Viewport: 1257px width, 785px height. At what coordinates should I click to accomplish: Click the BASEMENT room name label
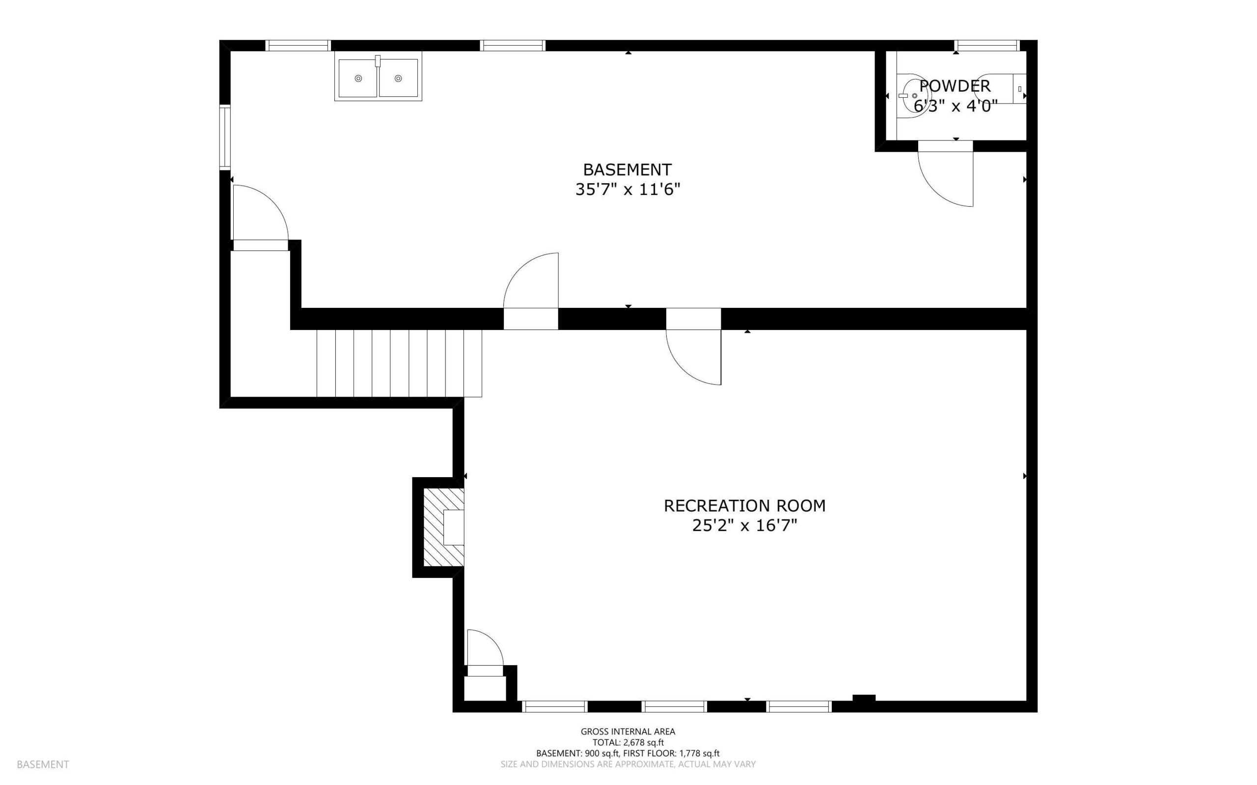[x=627, y=170]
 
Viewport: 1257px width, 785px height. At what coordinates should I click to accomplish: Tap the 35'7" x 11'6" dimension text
[x=627, y=189]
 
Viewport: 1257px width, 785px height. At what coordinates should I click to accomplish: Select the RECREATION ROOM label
[x=744, y=506]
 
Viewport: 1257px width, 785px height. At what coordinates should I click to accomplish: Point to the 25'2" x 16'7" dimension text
[x=744, y=526]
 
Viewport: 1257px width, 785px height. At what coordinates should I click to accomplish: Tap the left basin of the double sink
[x=357, y=79]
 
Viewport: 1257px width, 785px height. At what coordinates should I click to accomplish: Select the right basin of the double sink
[x=398, y=79]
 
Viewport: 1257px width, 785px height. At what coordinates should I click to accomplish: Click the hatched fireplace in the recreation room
[x=444, y=527]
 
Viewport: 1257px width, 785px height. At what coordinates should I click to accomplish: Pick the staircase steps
[x=399, y=363]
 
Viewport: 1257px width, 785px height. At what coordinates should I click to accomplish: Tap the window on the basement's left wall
[x=225, y=137]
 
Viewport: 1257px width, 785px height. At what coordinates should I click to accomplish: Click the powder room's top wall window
[x=987, y=46]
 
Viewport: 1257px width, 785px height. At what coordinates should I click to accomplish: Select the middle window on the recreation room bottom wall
[x=674, y=706]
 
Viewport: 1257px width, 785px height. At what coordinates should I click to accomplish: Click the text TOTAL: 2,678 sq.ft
[x=628, y=742]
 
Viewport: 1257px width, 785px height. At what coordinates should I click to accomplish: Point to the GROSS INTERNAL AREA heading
[x=628, y=731]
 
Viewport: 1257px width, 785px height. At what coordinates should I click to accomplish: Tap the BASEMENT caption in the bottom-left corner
[x=43, y=765]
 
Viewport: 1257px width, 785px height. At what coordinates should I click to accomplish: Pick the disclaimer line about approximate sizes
[x=628, y=764]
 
